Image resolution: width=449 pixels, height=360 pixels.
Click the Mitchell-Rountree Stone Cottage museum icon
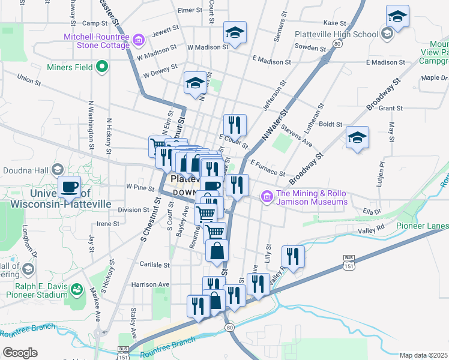click(139, 40)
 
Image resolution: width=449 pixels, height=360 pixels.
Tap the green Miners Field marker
click(102, 67)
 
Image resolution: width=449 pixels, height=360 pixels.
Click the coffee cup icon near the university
click(70, 187)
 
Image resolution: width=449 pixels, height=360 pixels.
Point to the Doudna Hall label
click(28, 170)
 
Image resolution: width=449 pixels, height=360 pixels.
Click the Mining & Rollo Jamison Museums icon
click(267, 196)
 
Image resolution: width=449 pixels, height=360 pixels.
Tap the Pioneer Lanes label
click(422, 226)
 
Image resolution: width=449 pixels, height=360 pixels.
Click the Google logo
click(20, 353)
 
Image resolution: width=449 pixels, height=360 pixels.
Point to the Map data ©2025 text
click(424, 355)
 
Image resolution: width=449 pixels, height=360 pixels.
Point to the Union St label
click(28, 78)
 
